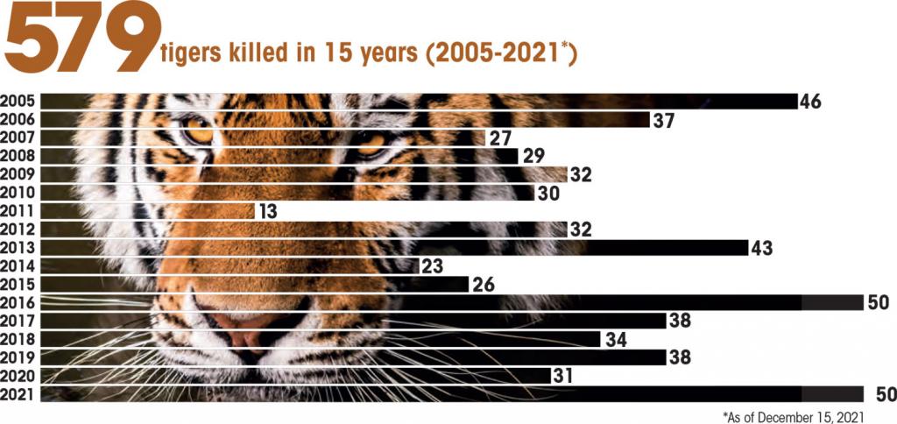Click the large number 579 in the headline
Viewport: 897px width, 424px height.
coord(79,39)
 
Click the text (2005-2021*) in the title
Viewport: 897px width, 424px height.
coord(499,54)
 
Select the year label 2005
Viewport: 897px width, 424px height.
coord(18,102)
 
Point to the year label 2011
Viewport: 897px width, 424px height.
coord(18,211)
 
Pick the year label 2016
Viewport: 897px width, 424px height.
coord(18,302)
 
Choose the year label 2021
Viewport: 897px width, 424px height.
coord(18,393)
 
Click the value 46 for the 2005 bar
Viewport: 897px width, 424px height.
coord(810,102)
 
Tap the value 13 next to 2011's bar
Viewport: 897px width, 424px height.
coord(268,211)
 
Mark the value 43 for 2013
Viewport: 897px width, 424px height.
coord(762,248)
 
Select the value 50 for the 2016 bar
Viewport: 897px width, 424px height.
coord(879,302)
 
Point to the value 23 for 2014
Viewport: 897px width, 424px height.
coord(434,266)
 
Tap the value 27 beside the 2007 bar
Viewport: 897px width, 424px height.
coord(499,138)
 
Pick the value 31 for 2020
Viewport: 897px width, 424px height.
coord(563,375)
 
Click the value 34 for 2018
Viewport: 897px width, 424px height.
coord(616,339)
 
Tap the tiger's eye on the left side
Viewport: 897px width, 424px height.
coord(198,131)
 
